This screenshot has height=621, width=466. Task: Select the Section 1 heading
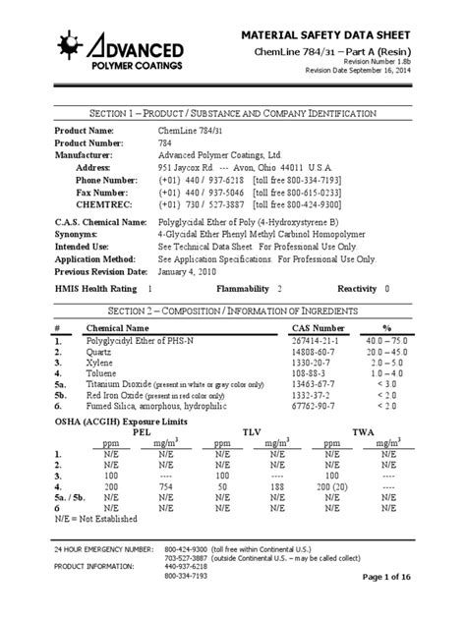(x=232, y=114)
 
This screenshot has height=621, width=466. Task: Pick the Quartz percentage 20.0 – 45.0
(x=386, y=351)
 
